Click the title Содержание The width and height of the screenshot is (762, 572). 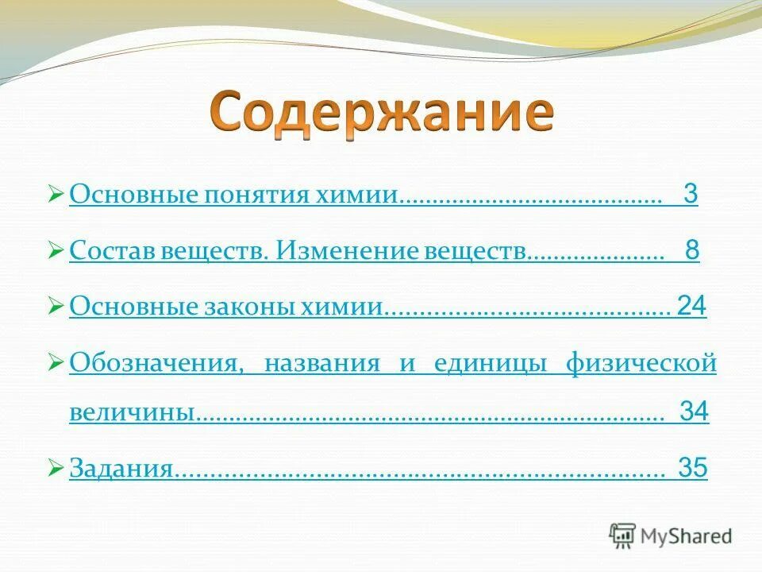[381, 114]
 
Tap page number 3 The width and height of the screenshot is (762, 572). [690, 195]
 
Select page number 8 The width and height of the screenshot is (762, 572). [692, 251]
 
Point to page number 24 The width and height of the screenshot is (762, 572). [691, 307]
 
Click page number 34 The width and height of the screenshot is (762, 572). [695, 412]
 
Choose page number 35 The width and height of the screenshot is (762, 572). [692, 468]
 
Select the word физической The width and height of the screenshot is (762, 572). [641, 364]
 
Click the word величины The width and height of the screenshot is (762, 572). [131, 413]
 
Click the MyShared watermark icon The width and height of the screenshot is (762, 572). [622, 536]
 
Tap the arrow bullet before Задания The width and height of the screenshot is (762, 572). [56, 469]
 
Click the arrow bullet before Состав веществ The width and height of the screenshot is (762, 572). [56, 252]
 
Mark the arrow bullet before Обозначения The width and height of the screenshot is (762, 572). [56, 364]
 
